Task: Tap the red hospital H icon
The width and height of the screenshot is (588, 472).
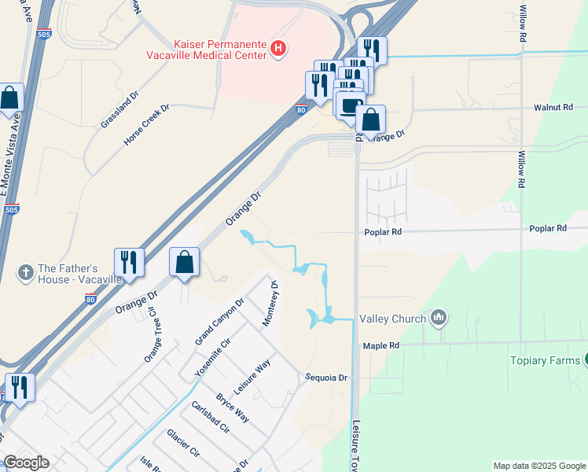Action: click(x=277, y=49)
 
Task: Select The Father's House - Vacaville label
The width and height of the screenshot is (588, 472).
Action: click(x=80, y=274)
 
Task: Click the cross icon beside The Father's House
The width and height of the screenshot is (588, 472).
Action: click(x=25, y=273)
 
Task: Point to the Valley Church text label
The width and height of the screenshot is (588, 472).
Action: click(x=392, y=319)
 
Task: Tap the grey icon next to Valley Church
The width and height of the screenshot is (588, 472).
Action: click(x=439, y=318)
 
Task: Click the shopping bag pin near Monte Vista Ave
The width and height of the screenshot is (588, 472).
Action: click(x=9, y=99)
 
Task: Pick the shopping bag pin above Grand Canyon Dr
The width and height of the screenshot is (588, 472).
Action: click(x=184, y=263)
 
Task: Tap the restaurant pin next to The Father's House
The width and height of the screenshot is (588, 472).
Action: click(x=128, y=263)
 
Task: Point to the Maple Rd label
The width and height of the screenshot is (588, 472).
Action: click(x=381, y=345)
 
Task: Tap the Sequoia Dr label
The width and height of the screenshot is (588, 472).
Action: click(x=326, y=378)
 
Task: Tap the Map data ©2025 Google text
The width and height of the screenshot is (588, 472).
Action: click(x=538, y=466)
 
